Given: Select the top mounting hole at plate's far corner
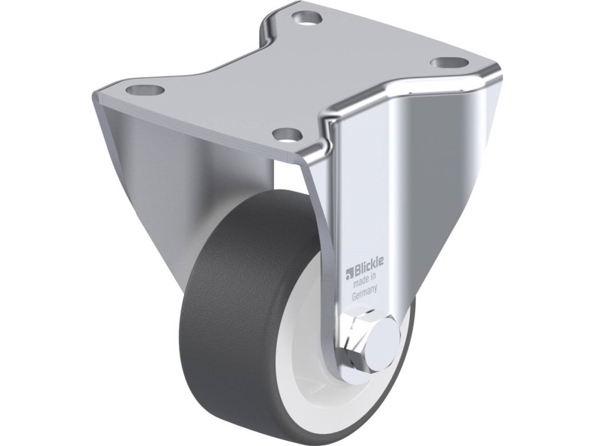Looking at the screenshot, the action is (x=306, y=18).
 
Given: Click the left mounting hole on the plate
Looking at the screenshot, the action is (x=146, y=90).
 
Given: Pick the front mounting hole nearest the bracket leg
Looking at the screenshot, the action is (x=287, y=134).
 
